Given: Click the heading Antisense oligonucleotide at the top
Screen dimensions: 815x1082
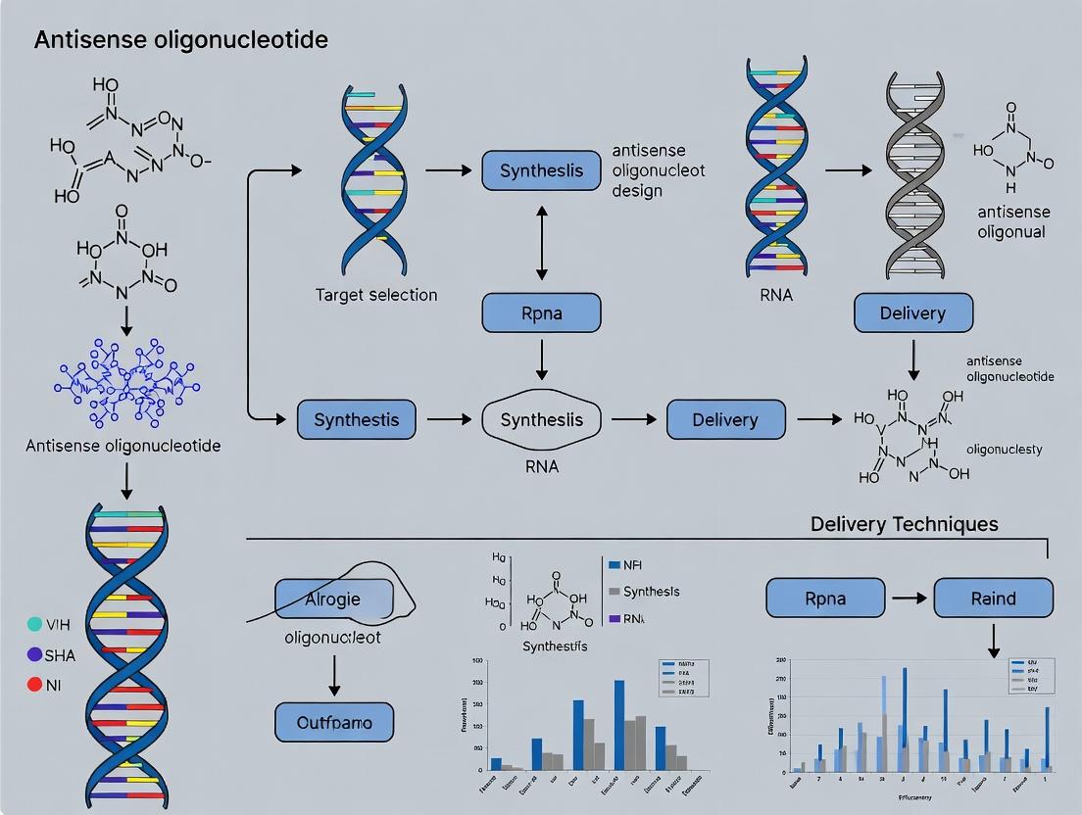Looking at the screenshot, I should click(x=181, y=40).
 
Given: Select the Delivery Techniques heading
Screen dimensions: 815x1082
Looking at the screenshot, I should click(x=904, y=524).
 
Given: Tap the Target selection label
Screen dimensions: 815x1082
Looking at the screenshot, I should click(x=376, y=294).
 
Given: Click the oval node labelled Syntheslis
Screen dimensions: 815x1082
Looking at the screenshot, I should click(x=541, y=419).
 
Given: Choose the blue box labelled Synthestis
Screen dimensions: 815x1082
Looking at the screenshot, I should click(x=356, y=419).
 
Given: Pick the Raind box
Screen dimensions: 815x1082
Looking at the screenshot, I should click(x=993, y=598).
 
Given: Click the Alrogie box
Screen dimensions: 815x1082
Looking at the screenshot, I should click(x=333, y=598).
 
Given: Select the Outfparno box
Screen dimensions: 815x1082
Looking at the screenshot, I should click(x=334, y=722).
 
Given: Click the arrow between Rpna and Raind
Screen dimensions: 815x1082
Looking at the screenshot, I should click(x=909, y=598).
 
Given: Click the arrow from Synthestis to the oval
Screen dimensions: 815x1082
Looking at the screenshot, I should click(x=448, y=419).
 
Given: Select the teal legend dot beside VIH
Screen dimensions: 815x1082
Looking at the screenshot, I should click(x=35, y=623).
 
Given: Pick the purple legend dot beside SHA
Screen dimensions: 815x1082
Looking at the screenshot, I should click(x=35, y=654).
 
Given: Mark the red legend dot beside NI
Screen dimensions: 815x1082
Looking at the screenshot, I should click(x=35, y=685).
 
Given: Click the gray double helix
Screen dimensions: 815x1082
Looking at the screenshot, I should click(x=914, y=176).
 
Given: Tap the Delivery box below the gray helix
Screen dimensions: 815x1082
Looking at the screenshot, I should click(x=913, y=313).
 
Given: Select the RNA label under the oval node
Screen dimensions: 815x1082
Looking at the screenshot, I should click(x=541, y=466).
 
